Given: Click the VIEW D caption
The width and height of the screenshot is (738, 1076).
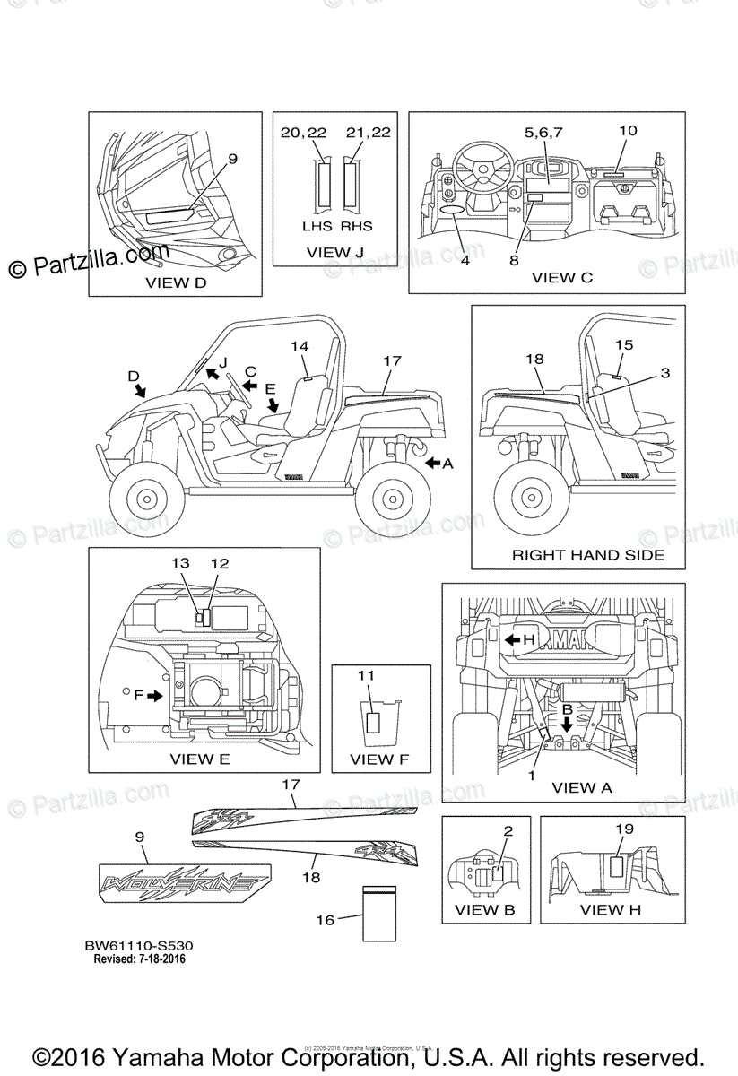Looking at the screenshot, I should (176, 282).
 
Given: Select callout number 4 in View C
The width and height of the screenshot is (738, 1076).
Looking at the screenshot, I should (465, 261).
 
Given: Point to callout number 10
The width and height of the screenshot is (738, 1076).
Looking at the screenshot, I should (628, 131).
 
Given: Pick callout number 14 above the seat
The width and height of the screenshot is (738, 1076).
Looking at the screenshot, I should (300, 346).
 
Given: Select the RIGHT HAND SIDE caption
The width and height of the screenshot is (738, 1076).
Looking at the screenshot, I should (588, 555).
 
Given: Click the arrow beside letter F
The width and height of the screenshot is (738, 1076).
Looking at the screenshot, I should (156, 694).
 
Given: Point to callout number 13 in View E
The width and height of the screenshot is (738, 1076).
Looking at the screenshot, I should (181, 563).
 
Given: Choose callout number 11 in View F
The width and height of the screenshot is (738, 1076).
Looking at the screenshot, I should (368, 674).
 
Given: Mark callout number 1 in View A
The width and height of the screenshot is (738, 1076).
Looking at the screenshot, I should (532, 775).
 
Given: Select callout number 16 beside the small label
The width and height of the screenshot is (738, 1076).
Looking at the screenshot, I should (325, 919).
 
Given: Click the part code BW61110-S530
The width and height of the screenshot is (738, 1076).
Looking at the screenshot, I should (140, 945).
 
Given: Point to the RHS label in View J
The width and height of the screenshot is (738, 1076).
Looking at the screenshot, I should (356, 226).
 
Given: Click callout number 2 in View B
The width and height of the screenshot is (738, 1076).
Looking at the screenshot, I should (508, 830).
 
